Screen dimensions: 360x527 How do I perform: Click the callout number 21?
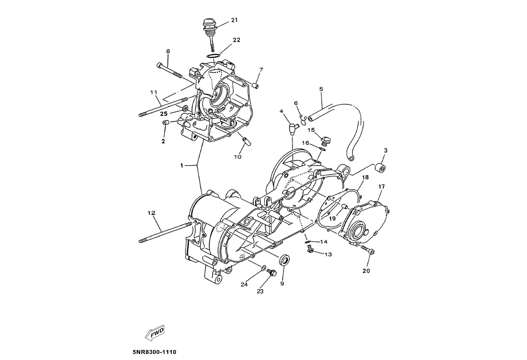pos(234,20)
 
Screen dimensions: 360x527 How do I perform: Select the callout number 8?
pos(168,51)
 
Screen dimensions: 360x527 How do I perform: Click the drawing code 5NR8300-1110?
pos(154,352)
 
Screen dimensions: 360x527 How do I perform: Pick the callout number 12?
pos(151,213)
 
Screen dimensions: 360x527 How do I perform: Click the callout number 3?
pos(385,150)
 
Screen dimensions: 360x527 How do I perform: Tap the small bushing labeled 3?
pos(381,167)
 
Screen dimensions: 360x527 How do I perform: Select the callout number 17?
pos(381,187)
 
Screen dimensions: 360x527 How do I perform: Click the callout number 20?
pos(366,271)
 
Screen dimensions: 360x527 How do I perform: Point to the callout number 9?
pos(282,283)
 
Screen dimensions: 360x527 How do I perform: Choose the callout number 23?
pos(260,291)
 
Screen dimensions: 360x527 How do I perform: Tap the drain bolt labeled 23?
pos(273,273)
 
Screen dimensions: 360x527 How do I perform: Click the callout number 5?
pos(321,89)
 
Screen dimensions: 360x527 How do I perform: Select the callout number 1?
pos(181,165)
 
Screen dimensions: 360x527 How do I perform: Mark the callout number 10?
pos(238,157)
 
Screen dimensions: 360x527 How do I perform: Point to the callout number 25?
pos(164,114)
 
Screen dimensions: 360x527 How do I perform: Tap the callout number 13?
pos(328,255)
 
